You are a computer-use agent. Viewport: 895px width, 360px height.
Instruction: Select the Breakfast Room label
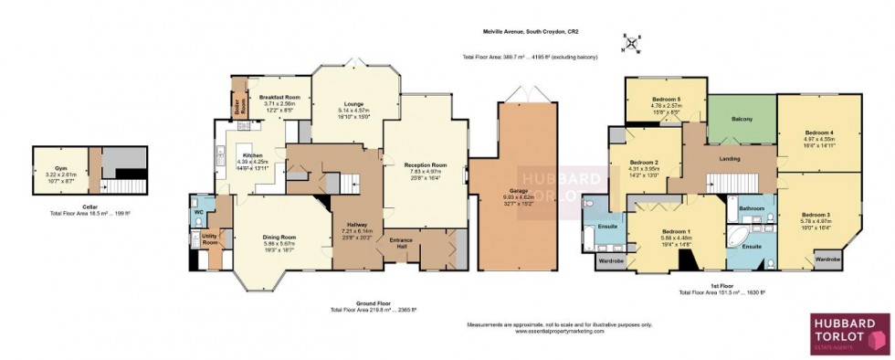[279, 98]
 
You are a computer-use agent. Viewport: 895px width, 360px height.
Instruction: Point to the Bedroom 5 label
[666, 99]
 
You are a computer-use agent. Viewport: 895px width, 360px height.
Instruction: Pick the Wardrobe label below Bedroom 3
[827, 259]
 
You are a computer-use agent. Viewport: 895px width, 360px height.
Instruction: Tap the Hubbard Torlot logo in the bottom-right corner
[849, 333]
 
